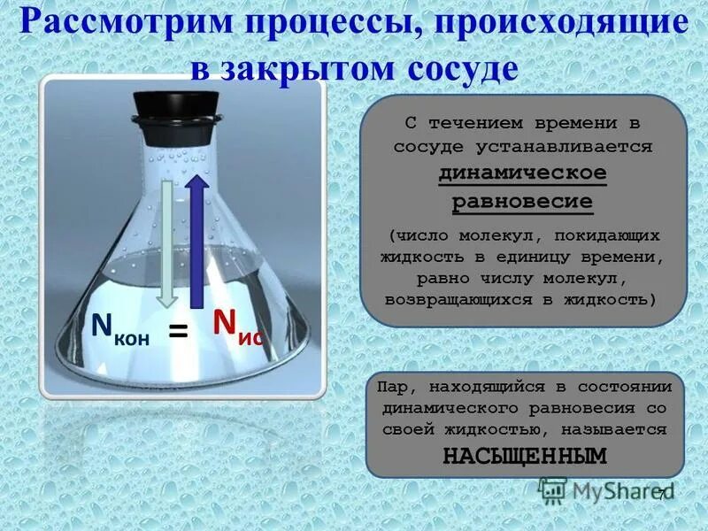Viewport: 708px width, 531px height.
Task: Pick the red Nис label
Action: tap(236, 327)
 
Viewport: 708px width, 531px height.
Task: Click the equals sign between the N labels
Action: tap(179, 332)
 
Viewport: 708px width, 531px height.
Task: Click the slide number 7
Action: tap(658, 494)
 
